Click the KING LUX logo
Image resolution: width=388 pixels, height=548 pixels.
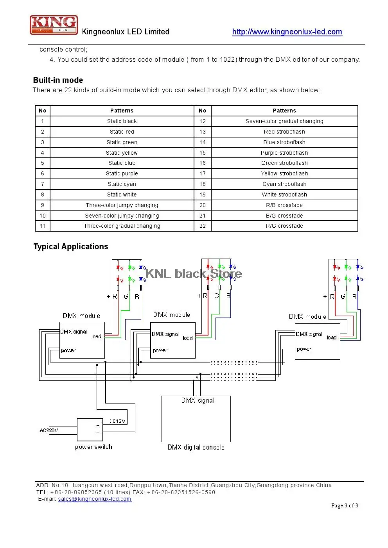[54, 25]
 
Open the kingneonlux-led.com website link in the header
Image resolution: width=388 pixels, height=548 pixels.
[287, 32]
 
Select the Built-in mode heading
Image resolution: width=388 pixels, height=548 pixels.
[58, 80]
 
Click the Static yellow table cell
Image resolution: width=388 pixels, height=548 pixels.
[122, 153]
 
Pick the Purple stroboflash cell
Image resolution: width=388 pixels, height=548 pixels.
[284, 153]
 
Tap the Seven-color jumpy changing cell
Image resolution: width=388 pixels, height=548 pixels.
[122, 216]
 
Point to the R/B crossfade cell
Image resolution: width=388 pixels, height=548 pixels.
[284, 205]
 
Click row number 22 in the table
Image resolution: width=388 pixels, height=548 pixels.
[202, 226]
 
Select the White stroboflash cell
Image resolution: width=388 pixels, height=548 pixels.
[284, 195]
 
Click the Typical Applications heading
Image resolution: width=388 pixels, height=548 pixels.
[71, 246]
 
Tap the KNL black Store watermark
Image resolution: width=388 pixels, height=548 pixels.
[194, 273]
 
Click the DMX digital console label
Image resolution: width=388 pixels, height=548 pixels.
[196, 447]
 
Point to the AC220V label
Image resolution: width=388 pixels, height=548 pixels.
[49, 430]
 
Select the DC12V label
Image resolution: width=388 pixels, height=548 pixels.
[117, 421]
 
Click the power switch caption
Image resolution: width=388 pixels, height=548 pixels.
[93, 447]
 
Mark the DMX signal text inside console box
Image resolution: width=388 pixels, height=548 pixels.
[198, 400]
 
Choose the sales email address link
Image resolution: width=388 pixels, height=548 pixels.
[95, 499]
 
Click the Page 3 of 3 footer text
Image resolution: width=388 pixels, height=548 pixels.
[345, 505]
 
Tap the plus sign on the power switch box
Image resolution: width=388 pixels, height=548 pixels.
[98, 426]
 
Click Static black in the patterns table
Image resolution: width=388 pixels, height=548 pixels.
[122, 121]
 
